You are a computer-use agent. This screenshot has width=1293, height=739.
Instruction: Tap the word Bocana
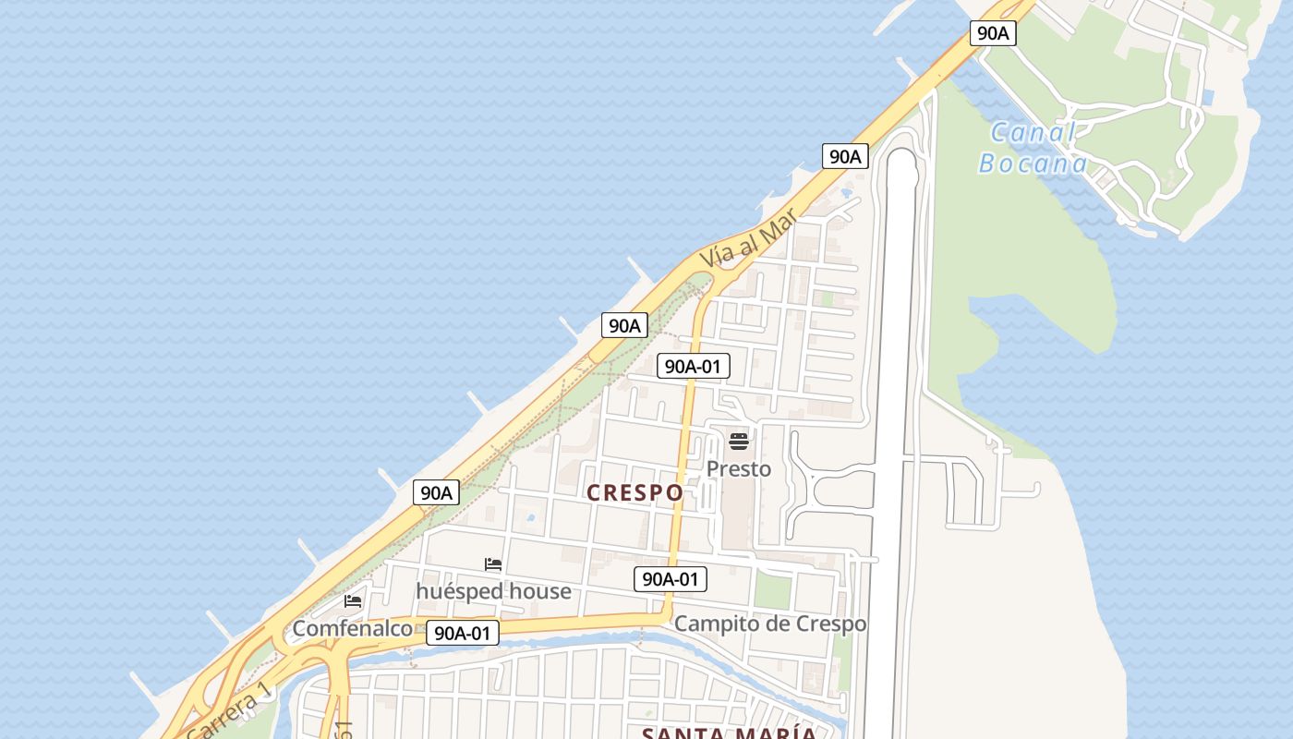[x=1033, y=164]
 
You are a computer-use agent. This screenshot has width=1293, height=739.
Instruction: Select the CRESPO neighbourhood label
[x=635, y=493]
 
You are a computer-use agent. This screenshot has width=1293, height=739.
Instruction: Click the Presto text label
[x=738, y=469]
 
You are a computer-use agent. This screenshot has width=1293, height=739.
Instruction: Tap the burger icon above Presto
[x=738, y=441]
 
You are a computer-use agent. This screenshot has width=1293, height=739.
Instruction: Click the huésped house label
[x=493, y=590]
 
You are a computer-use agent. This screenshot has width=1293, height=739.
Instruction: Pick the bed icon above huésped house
[x=493, y=564]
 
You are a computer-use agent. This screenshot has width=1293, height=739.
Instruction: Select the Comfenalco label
[x=352, y=629]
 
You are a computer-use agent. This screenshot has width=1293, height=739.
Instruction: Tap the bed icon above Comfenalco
[x=352, y=601]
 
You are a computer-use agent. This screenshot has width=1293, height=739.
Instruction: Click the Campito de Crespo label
[x=770, y=624]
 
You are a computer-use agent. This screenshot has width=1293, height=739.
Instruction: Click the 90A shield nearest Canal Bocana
[x=993, y=33]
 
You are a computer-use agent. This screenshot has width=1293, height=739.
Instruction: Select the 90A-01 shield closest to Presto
[x=693, y=367]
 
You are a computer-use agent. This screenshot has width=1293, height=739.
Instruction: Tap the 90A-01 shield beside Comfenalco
[x=462, y=633]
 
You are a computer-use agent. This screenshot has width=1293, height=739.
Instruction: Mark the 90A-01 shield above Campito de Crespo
[x=671, y=579]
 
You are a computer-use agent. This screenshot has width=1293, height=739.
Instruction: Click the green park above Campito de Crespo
[x=772, y=591]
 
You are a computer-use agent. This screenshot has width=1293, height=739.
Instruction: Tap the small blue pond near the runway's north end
[x=846, y=195]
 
